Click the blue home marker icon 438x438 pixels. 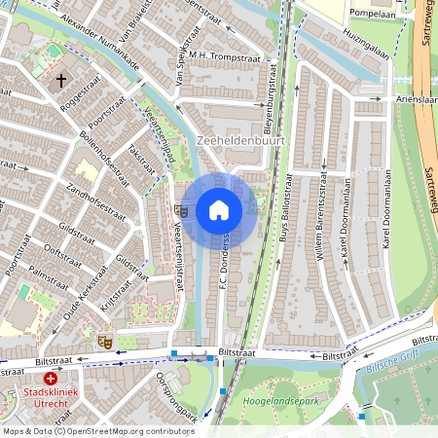219,210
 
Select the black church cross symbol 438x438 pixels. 61,82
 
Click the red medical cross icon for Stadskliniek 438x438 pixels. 50,377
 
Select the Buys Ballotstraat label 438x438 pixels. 283,214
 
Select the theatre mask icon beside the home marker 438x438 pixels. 181,209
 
